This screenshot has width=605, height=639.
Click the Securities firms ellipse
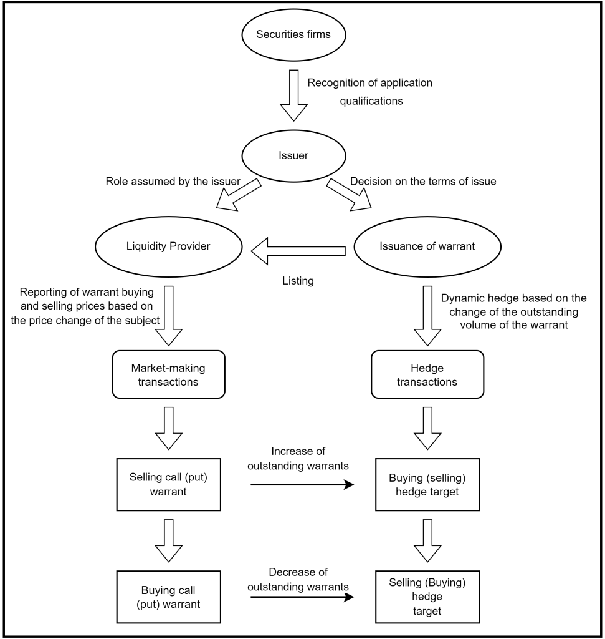tap(293, 35)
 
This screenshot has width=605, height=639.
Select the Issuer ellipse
tap(293, 155)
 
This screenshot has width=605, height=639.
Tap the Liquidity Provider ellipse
tap(168, 246)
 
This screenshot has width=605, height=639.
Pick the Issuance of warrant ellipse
tap(427, 246)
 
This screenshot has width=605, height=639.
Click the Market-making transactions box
tap(168, 374)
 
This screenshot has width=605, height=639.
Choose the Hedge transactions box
tap(427, 374)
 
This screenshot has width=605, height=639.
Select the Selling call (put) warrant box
tap(168, 484)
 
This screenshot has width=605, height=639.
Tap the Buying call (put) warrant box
tap(168, 597)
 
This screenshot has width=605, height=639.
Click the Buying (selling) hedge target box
tap(427, 484)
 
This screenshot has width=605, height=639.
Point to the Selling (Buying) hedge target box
tap(427, 597)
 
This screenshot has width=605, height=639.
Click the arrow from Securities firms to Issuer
tap(293, 95)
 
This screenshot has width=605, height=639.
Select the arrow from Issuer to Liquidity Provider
tap(239, 195)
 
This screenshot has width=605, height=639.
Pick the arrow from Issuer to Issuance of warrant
tap(349, 195)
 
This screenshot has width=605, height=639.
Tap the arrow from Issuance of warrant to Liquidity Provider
tap(298, 251)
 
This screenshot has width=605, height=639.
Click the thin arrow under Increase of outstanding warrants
tap(302, 484)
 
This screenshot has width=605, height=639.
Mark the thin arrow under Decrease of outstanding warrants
tap(302, 597)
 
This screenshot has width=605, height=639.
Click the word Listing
tap(298, 281)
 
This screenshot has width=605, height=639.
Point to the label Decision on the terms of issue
tap(423, 182)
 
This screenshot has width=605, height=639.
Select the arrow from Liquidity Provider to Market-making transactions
tap(168, 316)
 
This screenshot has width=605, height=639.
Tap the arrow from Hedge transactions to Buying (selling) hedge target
tap(427, 428)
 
